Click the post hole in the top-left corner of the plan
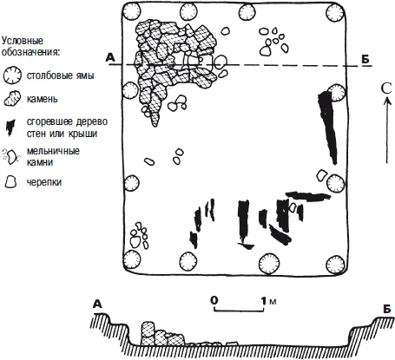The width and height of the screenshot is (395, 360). click(x=131, y=12)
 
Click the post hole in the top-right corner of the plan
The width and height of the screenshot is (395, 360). click(x=335, y=12)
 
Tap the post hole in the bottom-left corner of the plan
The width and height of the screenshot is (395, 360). click(x=132, y=259)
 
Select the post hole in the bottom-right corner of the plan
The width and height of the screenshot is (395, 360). click(x=336, y=264)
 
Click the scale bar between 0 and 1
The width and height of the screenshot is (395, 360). click(x=239, y=310)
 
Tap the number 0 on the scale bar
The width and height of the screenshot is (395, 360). click(x=214, y=301)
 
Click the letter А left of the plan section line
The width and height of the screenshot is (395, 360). click(x=110, y=58)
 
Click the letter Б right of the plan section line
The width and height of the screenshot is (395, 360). click(x=365, y=59)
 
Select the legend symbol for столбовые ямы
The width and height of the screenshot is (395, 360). click(x=12, y=75)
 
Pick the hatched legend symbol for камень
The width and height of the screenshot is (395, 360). click(x=12, y=98)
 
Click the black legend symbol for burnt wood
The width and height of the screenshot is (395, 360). click(x=10, y=128)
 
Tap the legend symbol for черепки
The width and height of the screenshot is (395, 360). click(x=10, y=182)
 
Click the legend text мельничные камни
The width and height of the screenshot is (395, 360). click(x=53, y=156)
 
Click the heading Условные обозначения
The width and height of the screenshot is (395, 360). click(x=31, y=47)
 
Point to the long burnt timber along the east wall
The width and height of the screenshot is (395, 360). click(x=328, y=128)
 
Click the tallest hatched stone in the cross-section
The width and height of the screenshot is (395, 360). click(x=148, y=333)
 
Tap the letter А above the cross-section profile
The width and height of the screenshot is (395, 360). click(x=98, y=304)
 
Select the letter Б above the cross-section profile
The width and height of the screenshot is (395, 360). click(x=386, y=309)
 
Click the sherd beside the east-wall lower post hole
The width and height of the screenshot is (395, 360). click(x=321, y=175)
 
